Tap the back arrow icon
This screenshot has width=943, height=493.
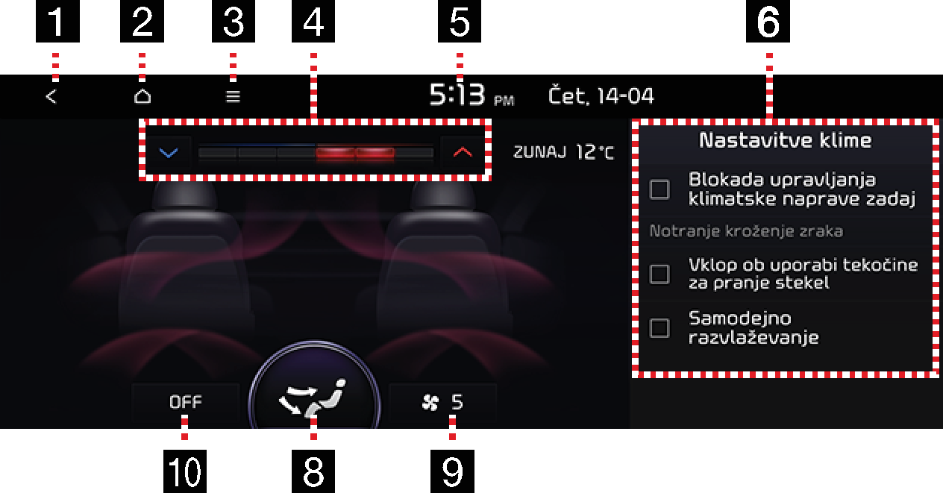point(51,97)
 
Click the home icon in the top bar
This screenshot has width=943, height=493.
point(142,96)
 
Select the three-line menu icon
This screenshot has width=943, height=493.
point(233,97)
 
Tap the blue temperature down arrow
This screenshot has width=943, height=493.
point(169,152)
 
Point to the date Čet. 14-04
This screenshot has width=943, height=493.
point(601,95)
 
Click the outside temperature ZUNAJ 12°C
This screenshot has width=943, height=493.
point(564,152)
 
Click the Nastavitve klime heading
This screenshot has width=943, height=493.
point(785,140)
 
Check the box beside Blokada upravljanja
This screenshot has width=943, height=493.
point(660,189)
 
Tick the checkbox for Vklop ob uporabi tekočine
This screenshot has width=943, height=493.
point(660,274)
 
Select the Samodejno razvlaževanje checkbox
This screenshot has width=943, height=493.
point(660,328)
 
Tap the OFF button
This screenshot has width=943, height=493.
point(185,402)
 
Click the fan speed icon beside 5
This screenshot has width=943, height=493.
point(430,403)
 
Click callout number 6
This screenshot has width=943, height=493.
point(768,21)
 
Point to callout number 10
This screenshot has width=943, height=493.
point(185,471)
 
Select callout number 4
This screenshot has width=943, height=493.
point(313,21)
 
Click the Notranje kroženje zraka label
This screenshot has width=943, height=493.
point(746,231)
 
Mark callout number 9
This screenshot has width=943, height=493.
point(452,471)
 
